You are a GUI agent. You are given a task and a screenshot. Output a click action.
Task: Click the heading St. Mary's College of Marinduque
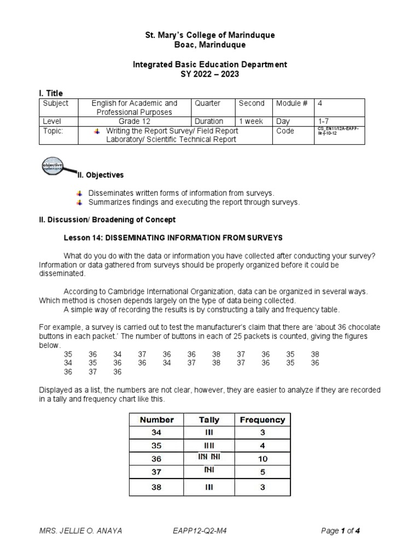(x=210, y=35)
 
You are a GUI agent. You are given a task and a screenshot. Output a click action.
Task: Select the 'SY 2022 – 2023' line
(x=210, y=74)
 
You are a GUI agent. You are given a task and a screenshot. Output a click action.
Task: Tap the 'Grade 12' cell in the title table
(x=134, y=121)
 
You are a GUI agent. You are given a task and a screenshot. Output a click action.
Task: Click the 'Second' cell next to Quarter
(x=252, y=103)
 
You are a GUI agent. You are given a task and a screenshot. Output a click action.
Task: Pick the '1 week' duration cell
(x=252, y=121)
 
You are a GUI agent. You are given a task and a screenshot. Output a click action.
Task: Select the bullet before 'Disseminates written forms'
(x=79, y=193)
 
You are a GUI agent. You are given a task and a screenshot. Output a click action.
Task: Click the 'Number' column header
(x=157, y=420)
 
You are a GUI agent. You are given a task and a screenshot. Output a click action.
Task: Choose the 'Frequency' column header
(x=262, y=420)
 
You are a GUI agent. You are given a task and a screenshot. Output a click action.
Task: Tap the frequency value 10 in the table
(x=262, y=459)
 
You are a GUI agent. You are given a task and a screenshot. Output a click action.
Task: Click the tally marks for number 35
(x=209, y=446)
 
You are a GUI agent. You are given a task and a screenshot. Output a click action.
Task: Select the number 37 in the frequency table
(x=157, y=472)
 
